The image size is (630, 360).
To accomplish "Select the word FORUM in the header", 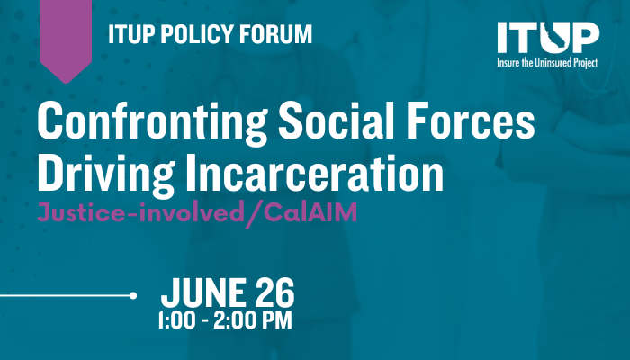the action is point(276,34).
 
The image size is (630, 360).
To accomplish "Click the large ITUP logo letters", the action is point(548,38).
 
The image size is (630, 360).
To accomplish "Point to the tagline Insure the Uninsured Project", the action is point(547,63).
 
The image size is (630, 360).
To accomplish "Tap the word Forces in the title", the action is point(470,120).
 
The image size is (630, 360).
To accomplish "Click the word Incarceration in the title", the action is point(315,173).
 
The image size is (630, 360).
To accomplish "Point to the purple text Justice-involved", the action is point(140,212).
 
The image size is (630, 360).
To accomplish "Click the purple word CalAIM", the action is point(310,212).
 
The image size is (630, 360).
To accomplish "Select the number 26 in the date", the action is point(274,292).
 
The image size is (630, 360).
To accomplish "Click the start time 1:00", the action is point(176,320).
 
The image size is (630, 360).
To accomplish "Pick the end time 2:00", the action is point(232,320).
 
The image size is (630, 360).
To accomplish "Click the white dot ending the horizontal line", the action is point(133,296).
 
